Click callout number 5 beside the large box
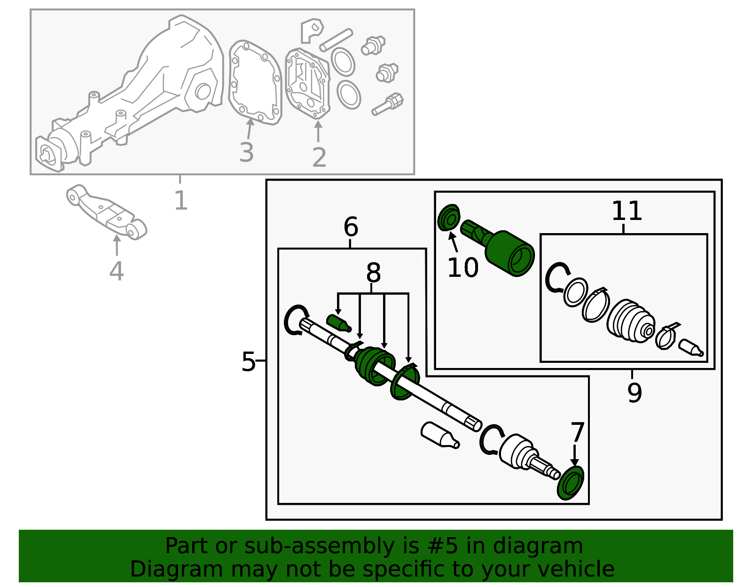pos(248,361)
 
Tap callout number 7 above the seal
pos(577,432)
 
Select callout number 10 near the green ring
pos(462,267)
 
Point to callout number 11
pos(626,211)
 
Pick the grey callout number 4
pos(116,271)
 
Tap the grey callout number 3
pos(246,152)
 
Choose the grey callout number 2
pos(319,157)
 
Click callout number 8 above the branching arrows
pos(373,273)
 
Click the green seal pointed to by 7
pos(571,483)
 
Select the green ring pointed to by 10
pos(449,218)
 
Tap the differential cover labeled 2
pos(307,83)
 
